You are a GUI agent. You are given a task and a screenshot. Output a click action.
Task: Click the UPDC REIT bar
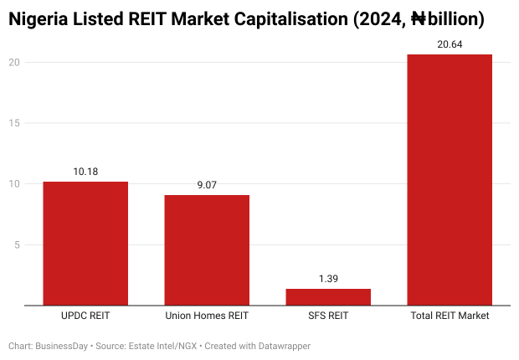(x=85, y=244)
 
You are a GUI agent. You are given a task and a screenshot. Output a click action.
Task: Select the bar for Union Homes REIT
(x=207, y=250)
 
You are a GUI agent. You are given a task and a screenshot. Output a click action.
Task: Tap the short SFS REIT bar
(x=328, y=297)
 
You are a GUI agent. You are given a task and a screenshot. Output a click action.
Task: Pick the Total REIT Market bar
(x=450, y=180)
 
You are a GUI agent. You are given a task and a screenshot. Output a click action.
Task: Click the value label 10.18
(x=85, y=172)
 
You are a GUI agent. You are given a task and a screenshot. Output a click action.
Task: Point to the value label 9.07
(x=207, y=185)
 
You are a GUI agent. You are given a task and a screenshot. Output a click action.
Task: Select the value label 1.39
(x=328, y=279)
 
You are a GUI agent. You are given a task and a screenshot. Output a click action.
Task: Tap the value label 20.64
(x=450, y=44)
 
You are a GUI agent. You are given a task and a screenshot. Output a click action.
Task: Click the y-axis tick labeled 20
(x=14, y=62)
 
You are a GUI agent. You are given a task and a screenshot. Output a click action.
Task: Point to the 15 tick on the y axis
(x=14, y=123)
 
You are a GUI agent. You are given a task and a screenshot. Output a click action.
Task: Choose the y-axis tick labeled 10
(x=14, y=184)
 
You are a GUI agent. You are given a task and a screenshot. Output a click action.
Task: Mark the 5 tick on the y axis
(x=17, y=245)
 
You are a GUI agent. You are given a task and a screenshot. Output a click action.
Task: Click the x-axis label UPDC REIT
(x=85, y=316)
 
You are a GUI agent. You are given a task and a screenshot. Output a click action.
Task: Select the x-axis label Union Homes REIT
(x=207, y=316)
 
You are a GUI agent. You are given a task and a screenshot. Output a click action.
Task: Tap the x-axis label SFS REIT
(x=328, y=316)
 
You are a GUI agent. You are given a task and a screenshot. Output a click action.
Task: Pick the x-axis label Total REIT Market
(x=450, y=316)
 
